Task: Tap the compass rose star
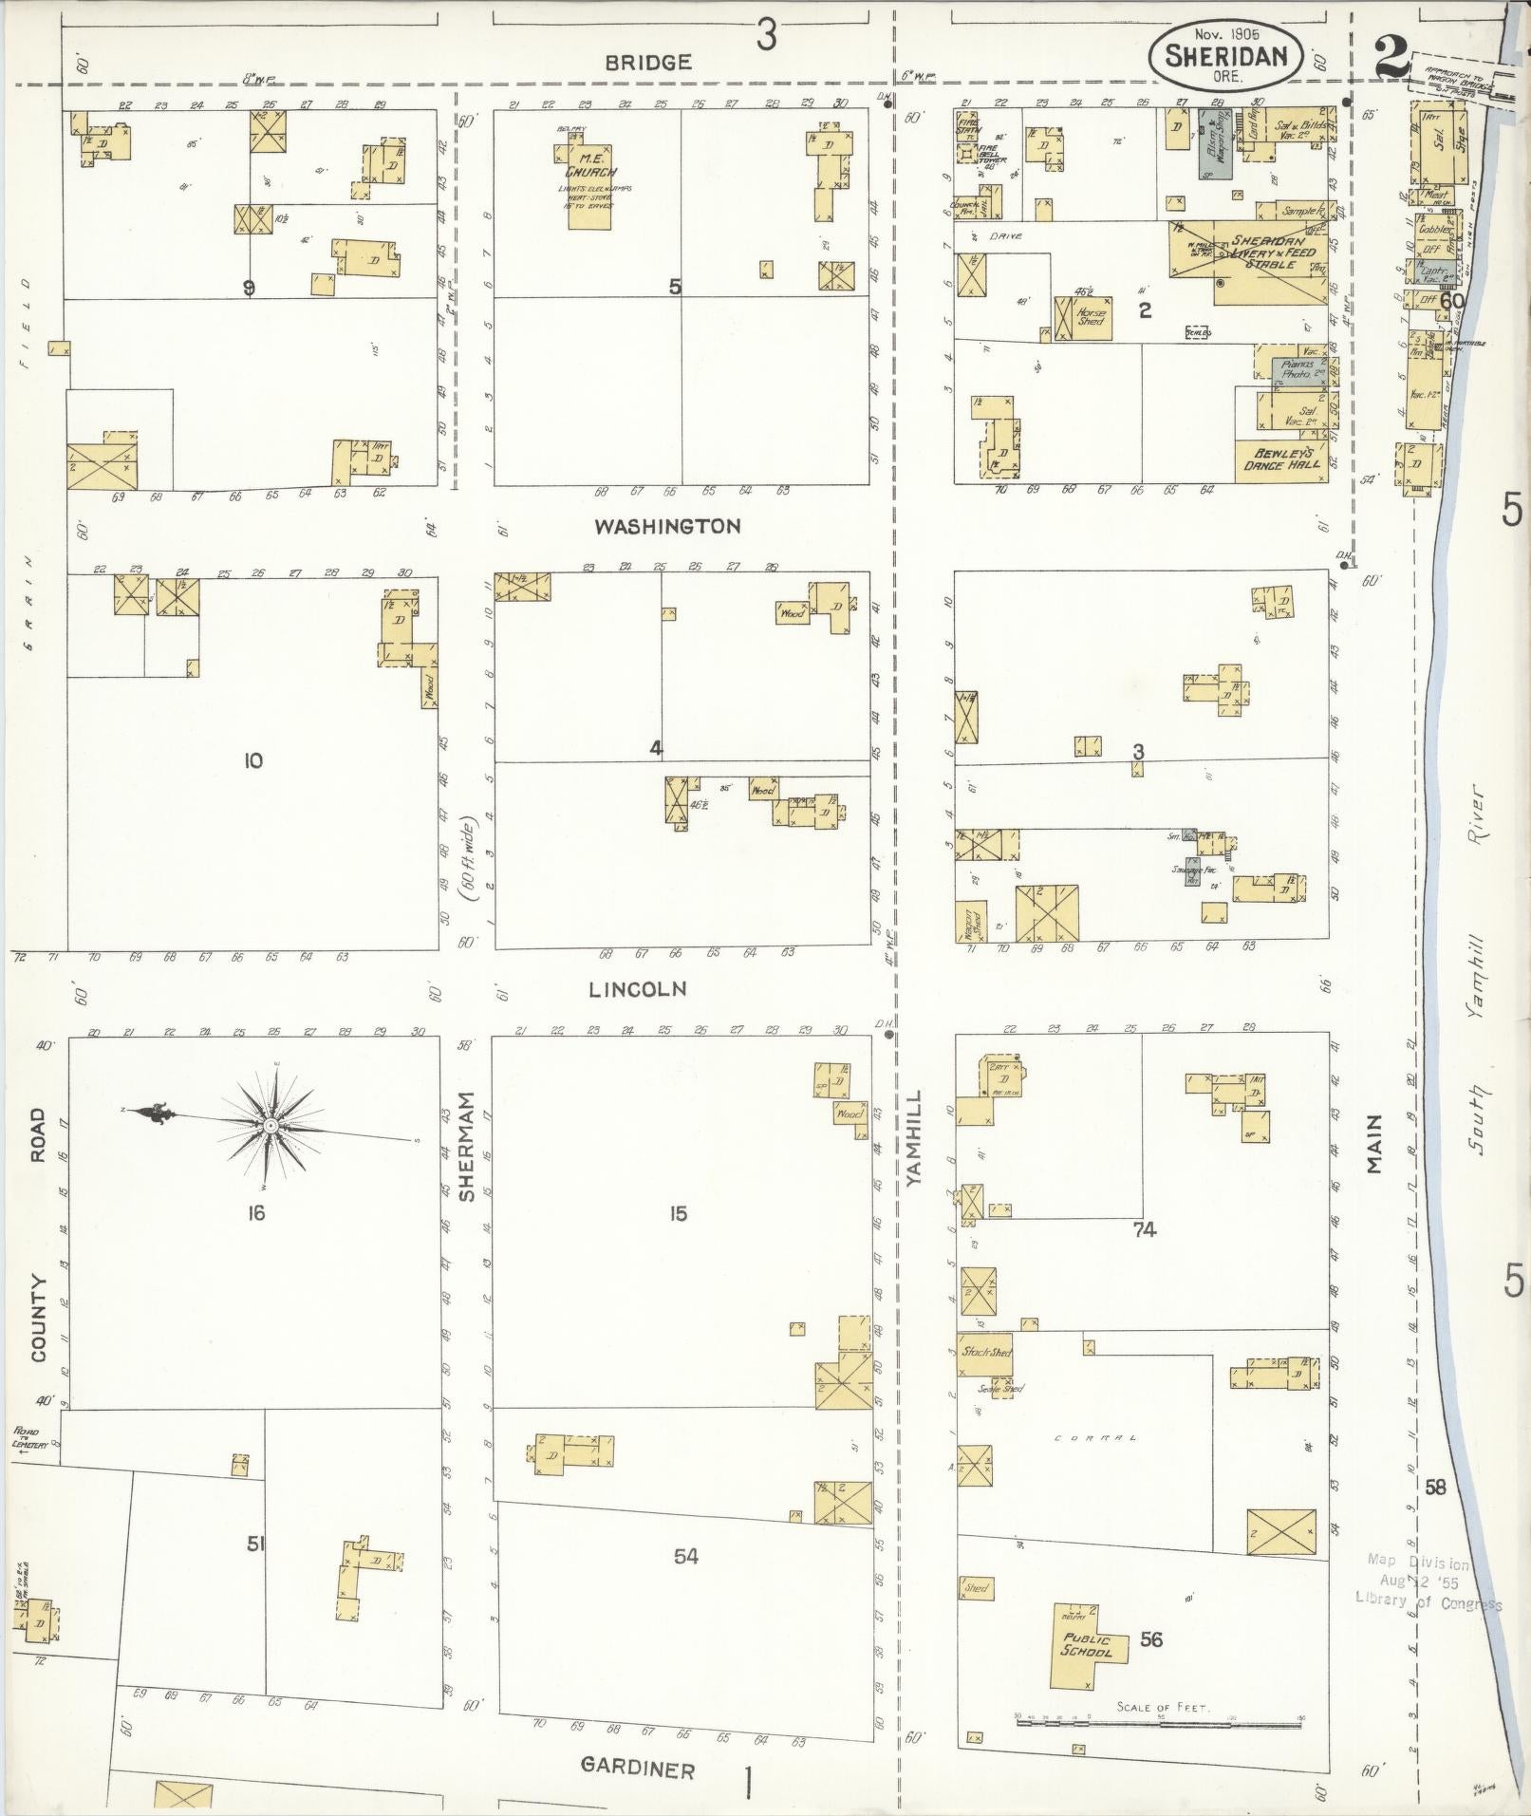(x=271, y=1125)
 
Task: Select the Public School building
(x=1086, y=1645)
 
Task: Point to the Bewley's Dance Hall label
(x=1280, y=459)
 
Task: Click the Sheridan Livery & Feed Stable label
(x=1274, y=253)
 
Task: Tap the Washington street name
(x=667, y=526)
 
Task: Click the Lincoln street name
(x=637, y=989)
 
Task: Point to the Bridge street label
(x=648, y=63)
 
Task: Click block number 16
(x=255, y=1212)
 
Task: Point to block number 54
(x=686, y=1556)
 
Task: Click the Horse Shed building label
(x=1091, y=317)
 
